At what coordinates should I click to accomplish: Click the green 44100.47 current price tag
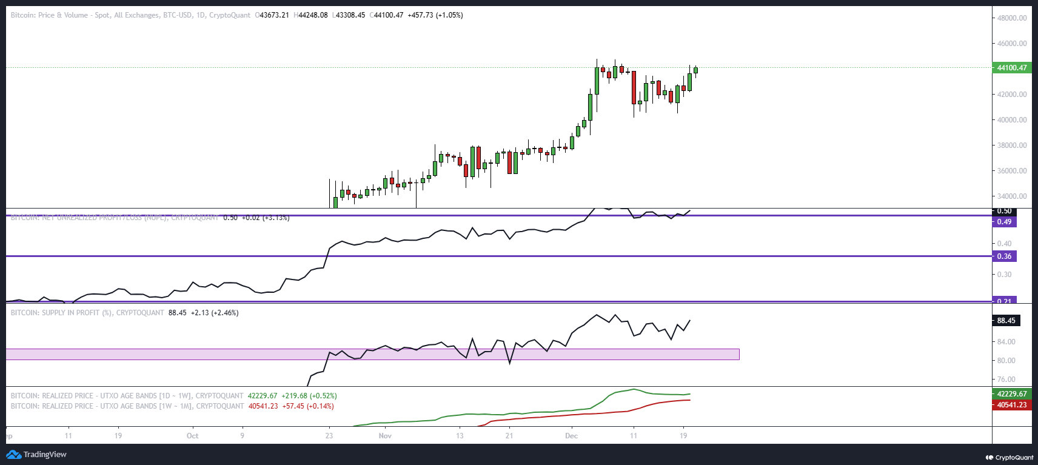click(1011, 68)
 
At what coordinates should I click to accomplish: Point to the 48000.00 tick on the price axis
click(1012, 18)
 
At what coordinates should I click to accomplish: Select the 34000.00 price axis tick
click(1012, 196)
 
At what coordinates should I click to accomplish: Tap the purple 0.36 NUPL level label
click(1005, 256)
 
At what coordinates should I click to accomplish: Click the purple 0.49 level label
click(1005, 222)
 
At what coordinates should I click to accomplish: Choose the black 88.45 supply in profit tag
click(1006, 321)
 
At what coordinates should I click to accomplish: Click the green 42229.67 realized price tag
click(1011, 394)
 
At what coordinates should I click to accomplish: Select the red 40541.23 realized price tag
click(1011, 405)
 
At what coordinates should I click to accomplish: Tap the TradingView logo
click(37, 455)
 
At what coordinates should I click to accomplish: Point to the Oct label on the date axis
click(192, 436)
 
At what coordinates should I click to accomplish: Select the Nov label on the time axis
click(385, 436)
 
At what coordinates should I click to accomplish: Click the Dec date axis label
click(571, 436)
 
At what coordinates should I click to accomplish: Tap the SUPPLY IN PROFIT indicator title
click(87, 313)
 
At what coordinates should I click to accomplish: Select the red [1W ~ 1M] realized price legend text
click(127, 406)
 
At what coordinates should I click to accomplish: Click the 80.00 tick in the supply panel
click(1006, 361)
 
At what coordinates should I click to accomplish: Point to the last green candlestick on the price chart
click(695, 70)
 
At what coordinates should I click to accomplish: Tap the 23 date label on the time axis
click(329, 436)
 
